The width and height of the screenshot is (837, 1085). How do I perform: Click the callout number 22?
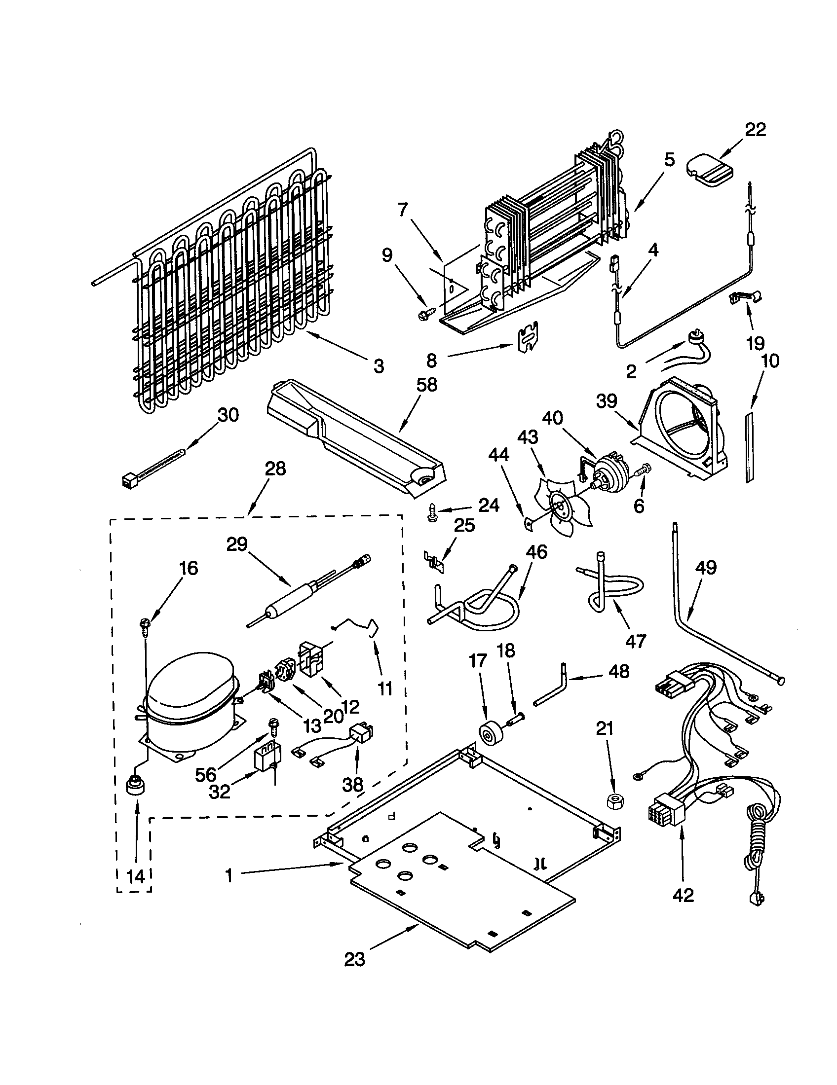755,130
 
